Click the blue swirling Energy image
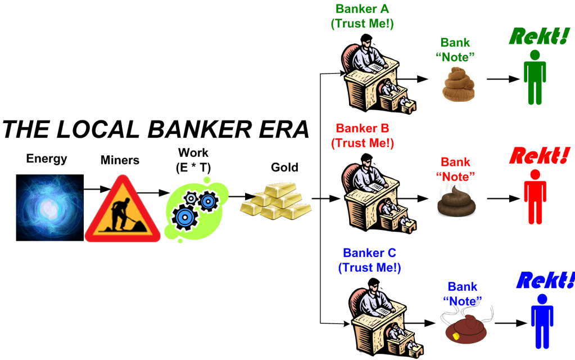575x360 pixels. (49, 207)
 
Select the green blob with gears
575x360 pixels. (194, 208)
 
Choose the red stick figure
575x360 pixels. (534, 197)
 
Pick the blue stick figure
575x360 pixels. (541, 321)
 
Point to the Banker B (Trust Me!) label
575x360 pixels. (363, 135)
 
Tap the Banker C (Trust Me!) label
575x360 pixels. (370, 260)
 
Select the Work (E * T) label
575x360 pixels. (193, 159)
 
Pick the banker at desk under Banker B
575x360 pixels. (374, 194)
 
